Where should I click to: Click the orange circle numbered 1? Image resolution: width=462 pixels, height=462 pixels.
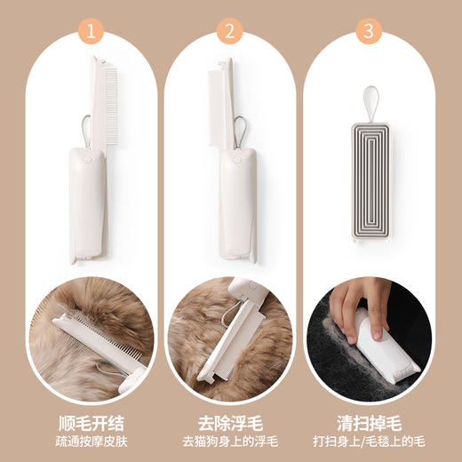coord(90,33)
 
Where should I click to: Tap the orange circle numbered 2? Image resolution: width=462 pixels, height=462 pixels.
coord(231,33)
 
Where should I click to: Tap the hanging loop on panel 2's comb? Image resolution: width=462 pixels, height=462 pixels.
coord(241,125)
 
